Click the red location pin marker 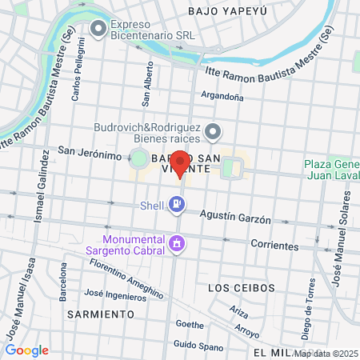181,163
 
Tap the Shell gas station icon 177,206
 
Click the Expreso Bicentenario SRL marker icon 98,30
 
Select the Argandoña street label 222,97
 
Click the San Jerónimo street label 89,153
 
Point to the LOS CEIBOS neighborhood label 241,287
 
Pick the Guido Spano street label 196,345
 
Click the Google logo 26,350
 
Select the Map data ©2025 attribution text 326,354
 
